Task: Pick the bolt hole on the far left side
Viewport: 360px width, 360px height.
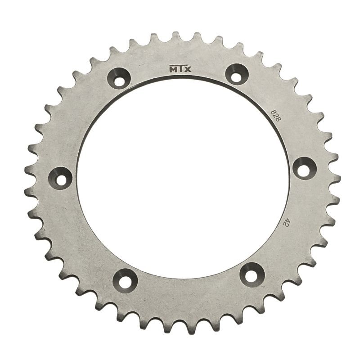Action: (61, 177)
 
